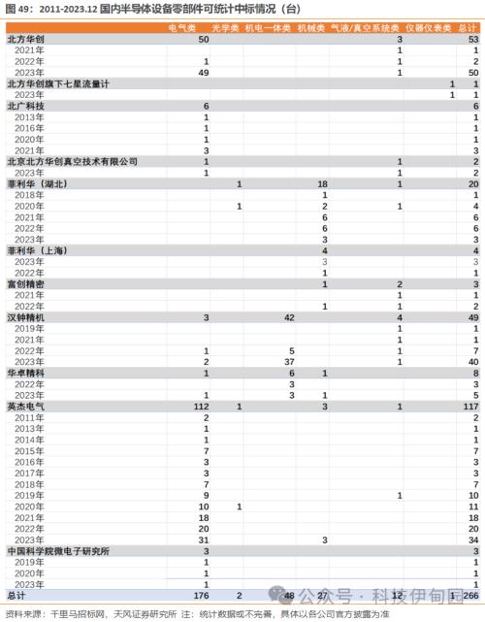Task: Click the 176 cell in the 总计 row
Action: [x=202, y=594]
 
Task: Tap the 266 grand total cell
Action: [x=469, y=594]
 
